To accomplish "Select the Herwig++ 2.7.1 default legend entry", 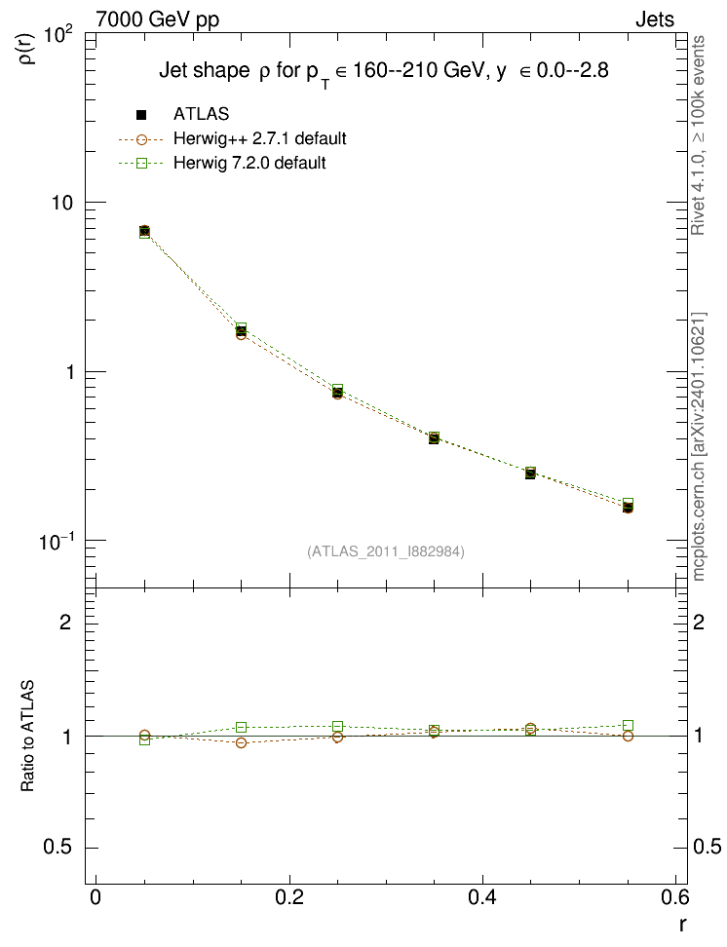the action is (233, 139).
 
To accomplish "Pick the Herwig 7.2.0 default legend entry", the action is (222, 163).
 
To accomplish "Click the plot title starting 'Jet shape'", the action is (384, 72).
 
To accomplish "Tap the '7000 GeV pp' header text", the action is (157, 19).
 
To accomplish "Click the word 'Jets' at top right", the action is (655, 19).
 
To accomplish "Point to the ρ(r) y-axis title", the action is (28, 49).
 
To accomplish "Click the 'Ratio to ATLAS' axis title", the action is (27, 736).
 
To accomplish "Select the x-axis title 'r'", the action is (682, 924).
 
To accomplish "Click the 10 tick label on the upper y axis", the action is (61, 203).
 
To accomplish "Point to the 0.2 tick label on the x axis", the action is (289, 897).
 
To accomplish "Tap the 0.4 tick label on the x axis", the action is (482, 897).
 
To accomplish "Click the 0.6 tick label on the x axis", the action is (674, 897).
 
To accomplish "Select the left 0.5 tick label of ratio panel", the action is (57, 848).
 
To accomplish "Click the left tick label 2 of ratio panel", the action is (65, 622).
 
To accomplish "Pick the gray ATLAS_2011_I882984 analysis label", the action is (386, 551).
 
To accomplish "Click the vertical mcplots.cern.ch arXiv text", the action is (699, 447).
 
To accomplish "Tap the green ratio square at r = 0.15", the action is (241, 727).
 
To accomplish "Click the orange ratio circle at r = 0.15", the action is (241, 742).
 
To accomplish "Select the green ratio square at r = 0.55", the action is (628, 725).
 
